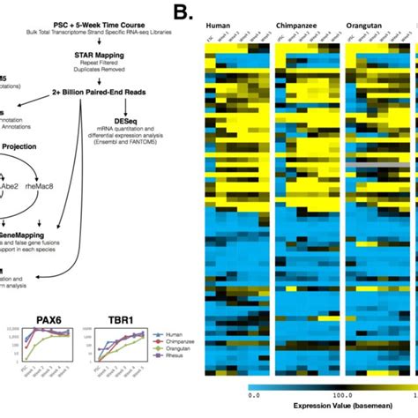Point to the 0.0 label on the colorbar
tap(251, 395)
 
